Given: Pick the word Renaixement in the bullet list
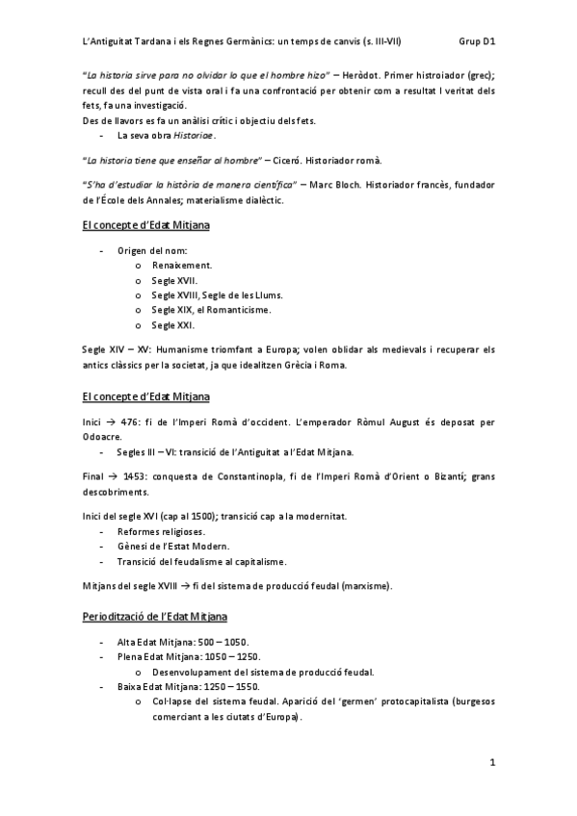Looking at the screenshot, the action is [x=183, y=264].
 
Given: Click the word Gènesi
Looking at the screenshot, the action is [x=132, y=547].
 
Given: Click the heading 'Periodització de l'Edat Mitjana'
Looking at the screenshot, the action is [x=156, y=615].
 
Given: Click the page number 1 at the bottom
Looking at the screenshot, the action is [x=491, y=764].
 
